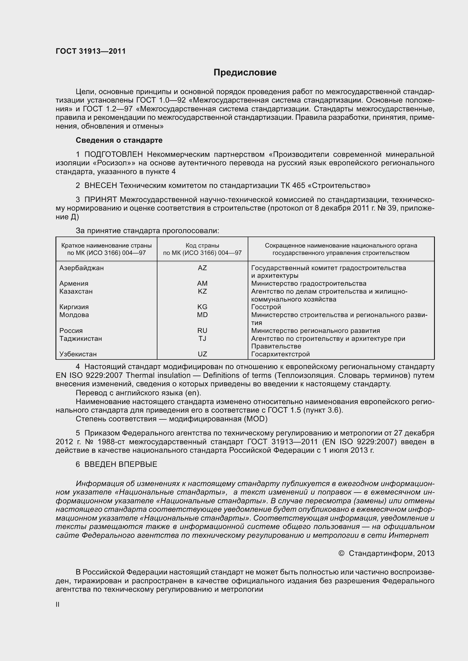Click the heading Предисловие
[245, 73]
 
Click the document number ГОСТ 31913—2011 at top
[91, 51]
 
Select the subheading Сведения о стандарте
[119, 140]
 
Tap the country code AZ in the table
[202, 268]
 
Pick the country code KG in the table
[202, 307]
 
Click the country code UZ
[202, 354]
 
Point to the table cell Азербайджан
[81, 268]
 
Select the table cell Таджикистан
[80, 339]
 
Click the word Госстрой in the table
[266, 307]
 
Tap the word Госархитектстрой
[280, 354]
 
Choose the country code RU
[202, 331]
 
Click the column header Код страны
[202, 246]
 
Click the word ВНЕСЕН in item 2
[101, 186]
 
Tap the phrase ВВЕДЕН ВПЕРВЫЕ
[121, 464]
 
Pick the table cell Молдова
[74, 315]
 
